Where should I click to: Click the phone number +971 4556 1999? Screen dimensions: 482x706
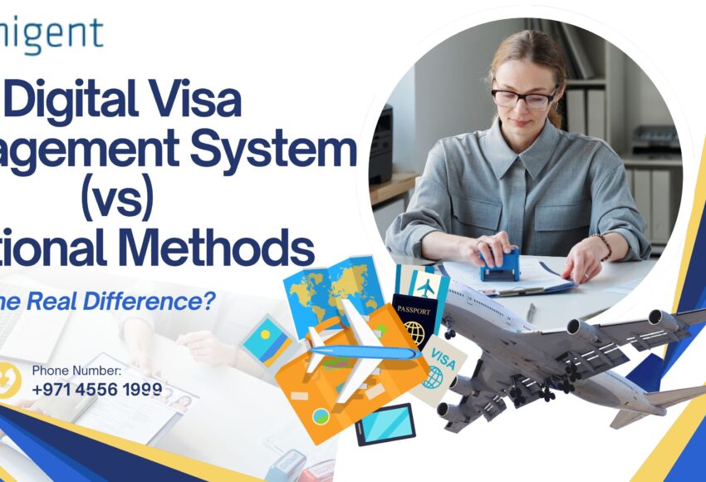point(97,388)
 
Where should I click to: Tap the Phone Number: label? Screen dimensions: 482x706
point(76,371)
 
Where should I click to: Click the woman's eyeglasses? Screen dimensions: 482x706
point(523,98)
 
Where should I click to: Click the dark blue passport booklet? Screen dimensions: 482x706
point(413,319)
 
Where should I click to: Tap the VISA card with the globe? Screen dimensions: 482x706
point(436,370)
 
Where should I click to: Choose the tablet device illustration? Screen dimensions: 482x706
point(385,424)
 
